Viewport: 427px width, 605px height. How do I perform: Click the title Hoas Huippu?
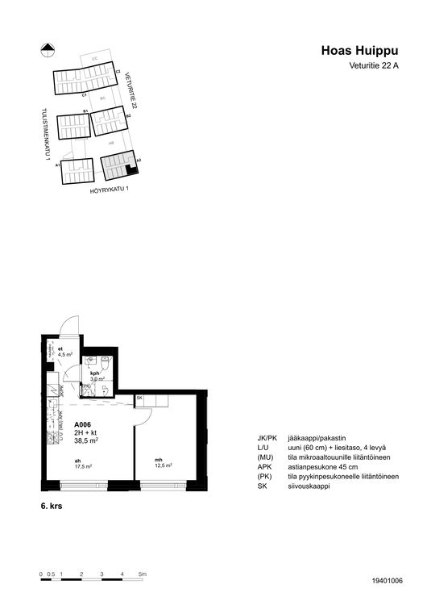click(361, 52)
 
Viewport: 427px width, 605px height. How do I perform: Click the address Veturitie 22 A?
click(374, 66)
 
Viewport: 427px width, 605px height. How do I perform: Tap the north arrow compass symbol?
click(46, 48)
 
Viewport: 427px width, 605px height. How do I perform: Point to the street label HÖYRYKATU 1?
click(109, 190)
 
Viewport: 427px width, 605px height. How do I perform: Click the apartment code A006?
click(84, 424)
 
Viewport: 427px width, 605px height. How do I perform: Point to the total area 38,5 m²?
click(86, 440)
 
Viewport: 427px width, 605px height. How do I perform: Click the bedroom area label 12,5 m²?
click(164, 466)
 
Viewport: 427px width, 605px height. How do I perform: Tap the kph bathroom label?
click(95, 373)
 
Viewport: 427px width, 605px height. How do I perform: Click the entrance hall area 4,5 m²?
click(66, 354)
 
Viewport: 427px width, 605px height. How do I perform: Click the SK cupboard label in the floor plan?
click(139, 399)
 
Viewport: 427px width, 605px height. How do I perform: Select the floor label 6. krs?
click(52, 507)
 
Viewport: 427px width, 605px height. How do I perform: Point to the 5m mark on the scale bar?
click(142, 574)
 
